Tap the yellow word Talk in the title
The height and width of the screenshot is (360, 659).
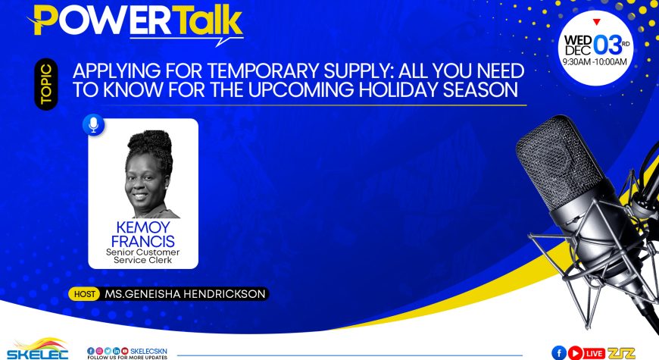pos(208,20)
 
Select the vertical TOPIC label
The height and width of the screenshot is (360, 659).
pos(46,84)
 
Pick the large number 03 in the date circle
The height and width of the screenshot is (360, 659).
pos(607,45)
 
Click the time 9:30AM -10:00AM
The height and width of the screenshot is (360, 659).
pos(595,62)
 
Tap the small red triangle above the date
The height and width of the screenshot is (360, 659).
pos(596,22)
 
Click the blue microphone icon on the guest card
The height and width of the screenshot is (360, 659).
pos(93,124)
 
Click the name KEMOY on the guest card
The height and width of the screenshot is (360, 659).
pos(143,227)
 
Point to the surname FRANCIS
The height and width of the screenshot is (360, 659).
pos(143,242)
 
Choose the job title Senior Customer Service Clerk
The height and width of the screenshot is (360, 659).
pos(143,256)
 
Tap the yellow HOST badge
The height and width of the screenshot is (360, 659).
pos(84,294)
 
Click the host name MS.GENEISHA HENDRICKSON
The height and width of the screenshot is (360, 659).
pos(185,293)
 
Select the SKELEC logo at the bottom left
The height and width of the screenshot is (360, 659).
pos(37,349)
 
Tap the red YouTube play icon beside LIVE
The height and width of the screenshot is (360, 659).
pos(576,353)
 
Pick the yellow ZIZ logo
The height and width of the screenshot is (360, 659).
pos(621,353)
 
